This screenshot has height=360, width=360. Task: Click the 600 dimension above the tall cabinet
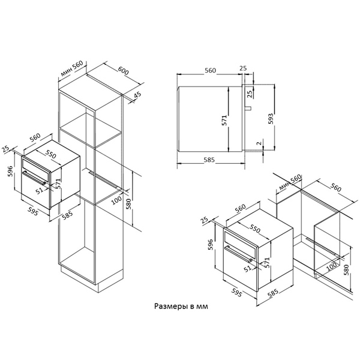pyautogui.click(x=123, y=71)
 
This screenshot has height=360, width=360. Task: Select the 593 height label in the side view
pyautogui.click(x=271, y=119)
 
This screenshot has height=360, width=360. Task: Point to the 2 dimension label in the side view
pyautogui.click(x=259, y=143)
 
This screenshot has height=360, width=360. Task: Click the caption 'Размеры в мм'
pyautogui.click(x=181, y=307)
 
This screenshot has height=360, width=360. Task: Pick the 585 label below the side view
pyautogui.click(x=209, y=160)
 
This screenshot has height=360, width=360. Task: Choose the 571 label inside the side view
pyautogui.click(x=224, y=120)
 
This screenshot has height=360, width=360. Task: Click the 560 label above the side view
pyautogui.click(x=211, y=70)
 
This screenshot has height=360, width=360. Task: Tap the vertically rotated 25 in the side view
pyautogui.click(x=250, y=94)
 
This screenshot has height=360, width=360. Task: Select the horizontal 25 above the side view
pyautogui.click(x=243, y=68)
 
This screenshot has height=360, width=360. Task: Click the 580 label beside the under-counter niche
pyautogui.click(x=346, y=270)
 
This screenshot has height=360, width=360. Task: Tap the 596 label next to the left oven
pyautogui.click(x=10, y=171)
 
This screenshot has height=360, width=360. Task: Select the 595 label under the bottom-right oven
pyautogui.click(x=236, y=293)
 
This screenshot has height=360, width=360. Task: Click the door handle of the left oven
pyautogui.click(x=34, y=177)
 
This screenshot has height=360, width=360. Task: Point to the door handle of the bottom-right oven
pyautogui.click(x=239, y=254)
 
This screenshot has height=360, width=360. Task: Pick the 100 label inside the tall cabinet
pyautogui.click(x=116, y=200)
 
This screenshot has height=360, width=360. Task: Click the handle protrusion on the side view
pyautogui.click(x=248, y=108)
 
